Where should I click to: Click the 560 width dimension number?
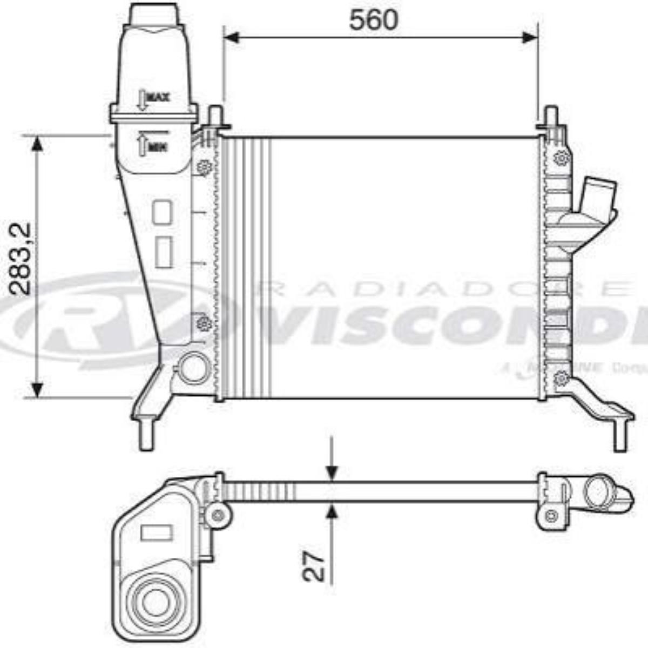(x=373, y=19)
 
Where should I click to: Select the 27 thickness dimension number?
(x=314, y=566)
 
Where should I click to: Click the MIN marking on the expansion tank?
(x=157, y=146)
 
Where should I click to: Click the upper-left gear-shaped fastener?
(x=204, y=168)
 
